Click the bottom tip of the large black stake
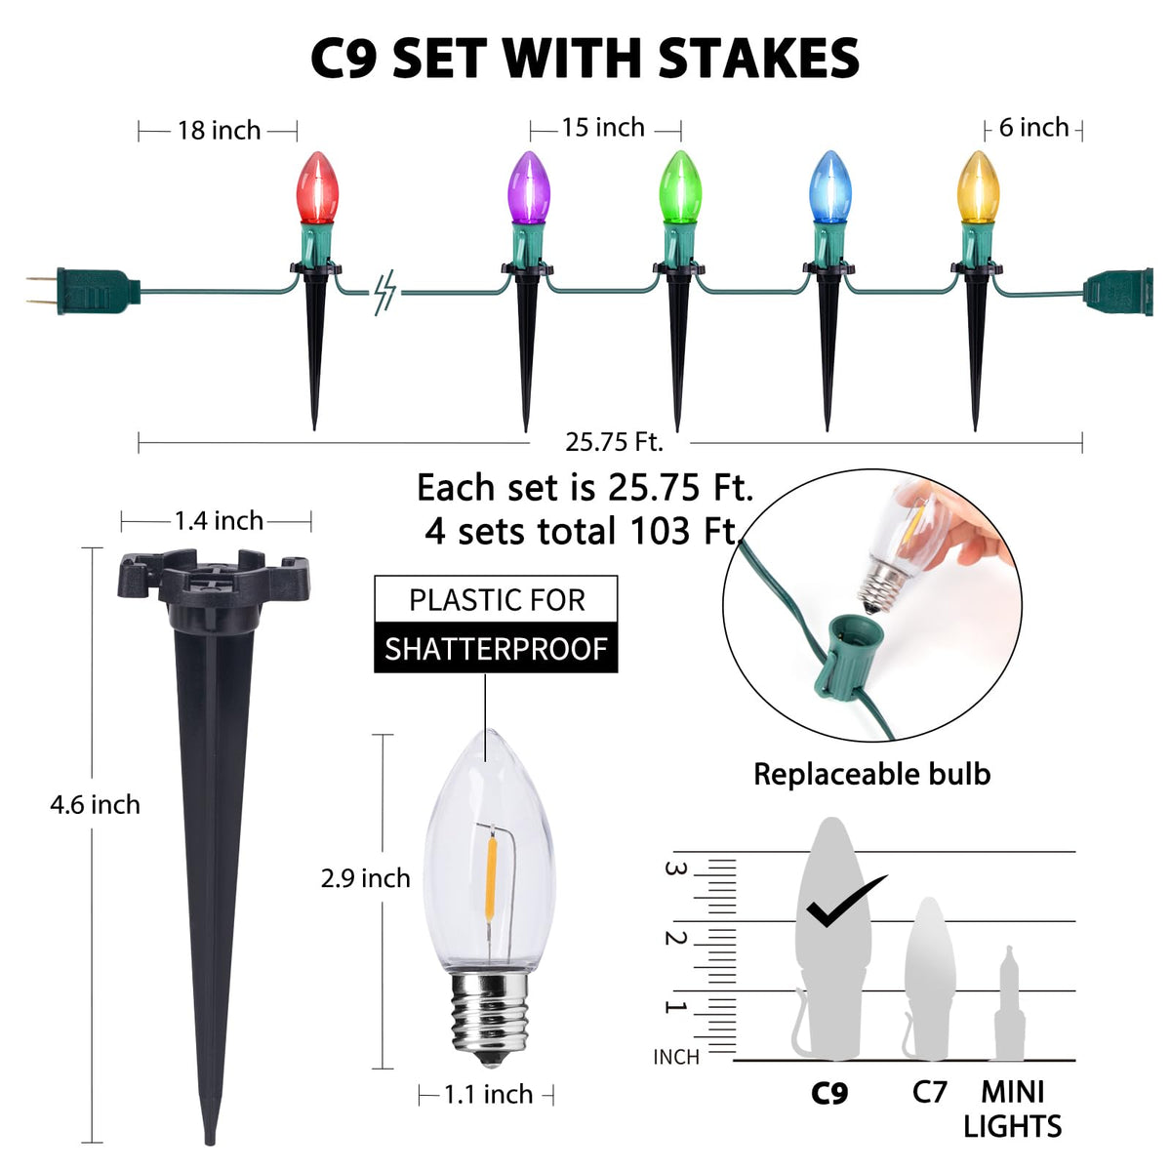[210, 1144]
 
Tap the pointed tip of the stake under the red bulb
[314, 429]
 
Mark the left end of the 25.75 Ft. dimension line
[139, 443]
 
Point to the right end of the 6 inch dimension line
[1081, 131]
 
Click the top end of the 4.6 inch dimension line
[92, 548]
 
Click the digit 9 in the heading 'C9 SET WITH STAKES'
[362, 59]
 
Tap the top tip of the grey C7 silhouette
[929, 898]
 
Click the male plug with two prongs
[83, 292]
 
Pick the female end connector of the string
[1118, 293]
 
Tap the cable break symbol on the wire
[384, 293]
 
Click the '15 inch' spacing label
[603, 128]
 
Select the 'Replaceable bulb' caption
[872, 774]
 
